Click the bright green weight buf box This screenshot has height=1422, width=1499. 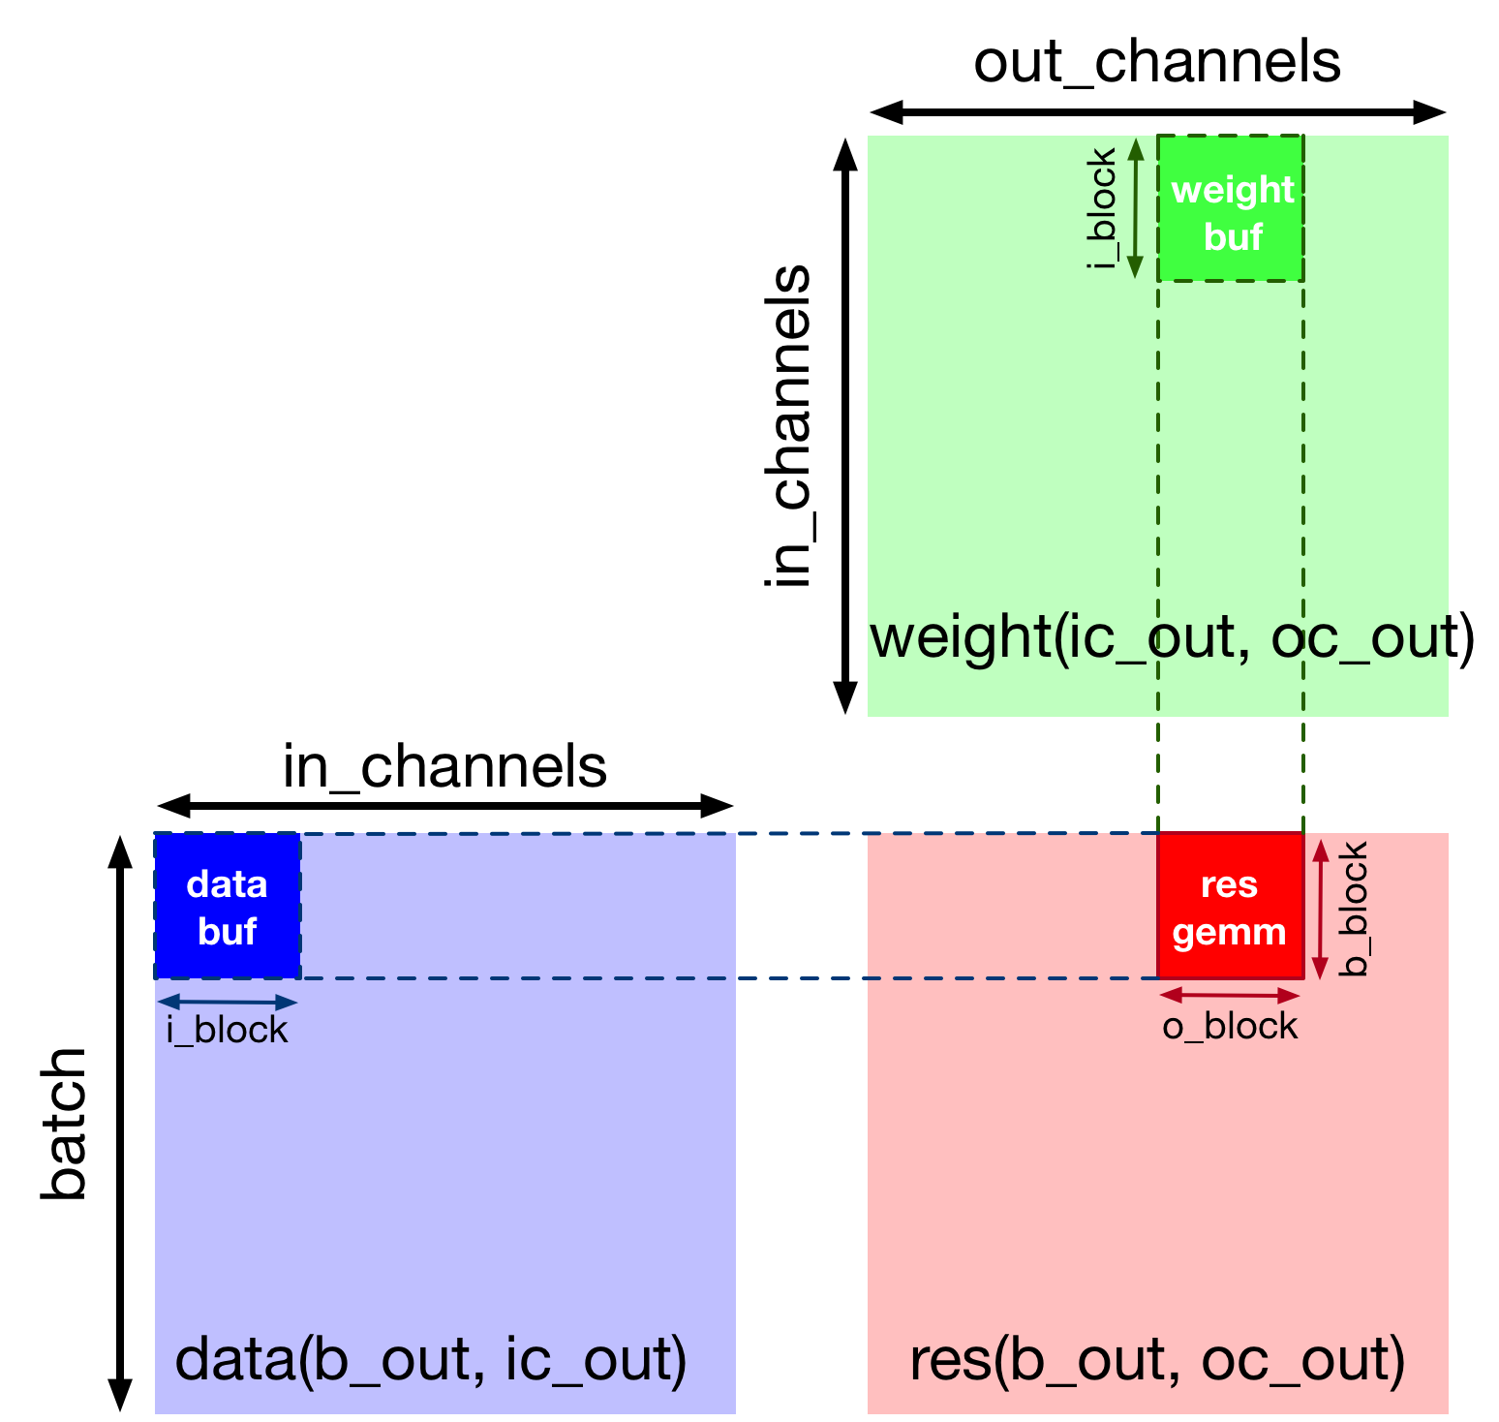click(x=1231, y=209)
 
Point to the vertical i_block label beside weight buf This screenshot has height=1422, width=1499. click(x=1103, y=208)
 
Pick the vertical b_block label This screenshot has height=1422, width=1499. click(x=1353, y=909)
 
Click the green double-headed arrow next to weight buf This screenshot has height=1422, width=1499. click(x=1137, y=208)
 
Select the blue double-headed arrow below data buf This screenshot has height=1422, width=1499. click(x=228, y=1003)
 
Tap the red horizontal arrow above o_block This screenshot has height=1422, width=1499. click(x=1230, y=995)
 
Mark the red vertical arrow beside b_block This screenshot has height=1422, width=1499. click(x=1320, y=909)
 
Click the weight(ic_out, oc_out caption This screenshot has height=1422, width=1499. click(x=1158, y=637)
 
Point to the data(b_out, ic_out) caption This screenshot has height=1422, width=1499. click(x=431, y=1360)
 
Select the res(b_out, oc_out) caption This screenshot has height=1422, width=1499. click(x=1157, y=1360)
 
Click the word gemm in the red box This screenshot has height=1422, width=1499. click(x=1230, y=933)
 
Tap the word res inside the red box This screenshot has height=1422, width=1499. click(x=1230, y=884)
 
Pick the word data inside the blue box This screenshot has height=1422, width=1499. click(x=227, y=884)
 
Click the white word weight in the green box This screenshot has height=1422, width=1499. click(x=1233, y=190)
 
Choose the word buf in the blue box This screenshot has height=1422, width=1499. click(x=227, y=932)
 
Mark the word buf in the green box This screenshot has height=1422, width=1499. click(x=1233, y=237)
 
